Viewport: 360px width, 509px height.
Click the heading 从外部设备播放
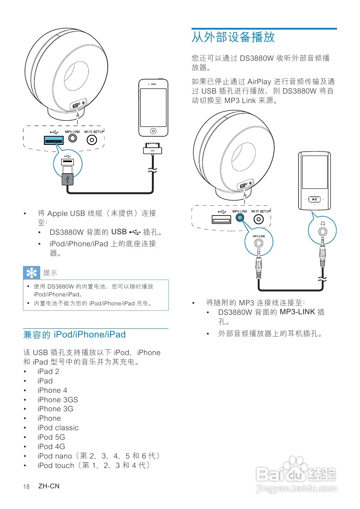tap(233, 38)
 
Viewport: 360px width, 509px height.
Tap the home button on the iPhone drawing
tap(153, 131)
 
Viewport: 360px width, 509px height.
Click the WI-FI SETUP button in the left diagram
tap(92, 140)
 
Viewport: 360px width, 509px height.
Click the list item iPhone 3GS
tap(57, 400)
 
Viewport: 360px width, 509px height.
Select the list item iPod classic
tap(58, 428)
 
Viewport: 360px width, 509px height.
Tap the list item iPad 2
tap(48, 371)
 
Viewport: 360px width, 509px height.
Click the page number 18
tap(27, 487)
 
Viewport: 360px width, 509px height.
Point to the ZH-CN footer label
tap(49, 486)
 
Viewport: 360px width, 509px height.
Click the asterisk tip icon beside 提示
tap(30, 273)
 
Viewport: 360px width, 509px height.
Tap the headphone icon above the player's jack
tap(323, 223)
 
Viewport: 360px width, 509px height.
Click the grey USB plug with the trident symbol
tap(67, 179)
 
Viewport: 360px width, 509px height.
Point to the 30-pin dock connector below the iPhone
tap(153, 151)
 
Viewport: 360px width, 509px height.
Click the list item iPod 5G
tap(51, 437)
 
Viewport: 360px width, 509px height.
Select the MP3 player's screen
tap(314, 172)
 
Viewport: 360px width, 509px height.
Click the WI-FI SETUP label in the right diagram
tap(261, 211)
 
